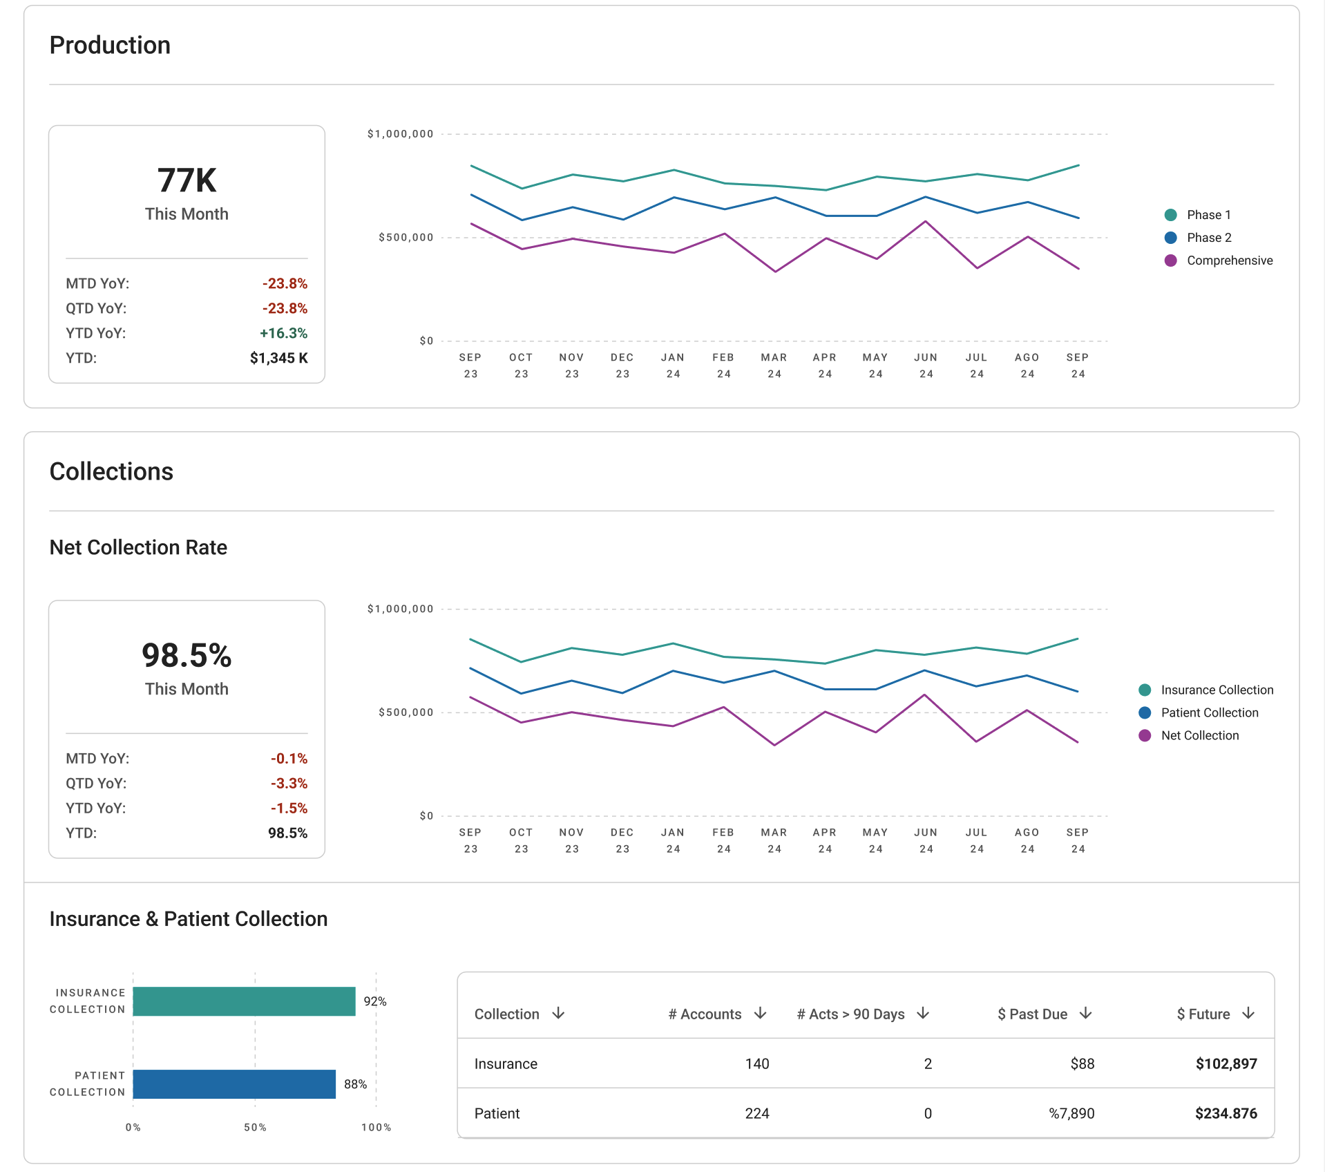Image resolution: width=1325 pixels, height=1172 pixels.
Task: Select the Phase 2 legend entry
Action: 1198,238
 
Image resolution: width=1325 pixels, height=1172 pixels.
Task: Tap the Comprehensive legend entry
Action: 1219,261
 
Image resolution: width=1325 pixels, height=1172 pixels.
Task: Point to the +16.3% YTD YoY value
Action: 283,333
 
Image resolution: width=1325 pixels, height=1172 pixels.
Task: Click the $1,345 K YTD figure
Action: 278,358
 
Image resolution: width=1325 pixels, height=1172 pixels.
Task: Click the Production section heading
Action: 110,45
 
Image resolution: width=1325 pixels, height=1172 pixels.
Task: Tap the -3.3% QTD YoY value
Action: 289,783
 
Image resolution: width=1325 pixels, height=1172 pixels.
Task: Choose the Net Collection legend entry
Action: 1189,735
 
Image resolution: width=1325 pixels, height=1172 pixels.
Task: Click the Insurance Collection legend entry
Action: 1206,690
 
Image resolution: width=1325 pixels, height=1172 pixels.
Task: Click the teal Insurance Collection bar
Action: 244,1001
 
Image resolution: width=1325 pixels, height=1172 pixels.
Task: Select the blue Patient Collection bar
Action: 234,1084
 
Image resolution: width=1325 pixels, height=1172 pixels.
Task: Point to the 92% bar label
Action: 375,1001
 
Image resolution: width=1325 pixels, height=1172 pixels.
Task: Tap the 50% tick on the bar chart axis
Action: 255,1127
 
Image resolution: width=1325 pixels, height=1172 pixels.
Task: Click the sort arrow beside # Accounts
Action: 761,1013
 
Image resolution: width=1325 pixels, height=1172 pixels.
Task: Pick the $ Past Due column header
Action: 1032,1014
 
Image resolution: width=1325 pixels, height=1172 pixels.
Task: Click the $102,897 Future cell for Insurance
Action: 1226,1064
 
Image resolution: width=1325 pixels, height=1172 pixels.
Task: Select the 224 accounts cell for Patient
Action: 757,1113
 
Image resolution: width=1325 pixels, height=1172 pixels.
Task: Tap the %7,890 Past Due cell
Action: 1071,1113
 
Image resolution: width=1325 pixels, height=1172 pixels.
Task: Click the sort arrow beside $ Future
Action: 1248,1013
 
